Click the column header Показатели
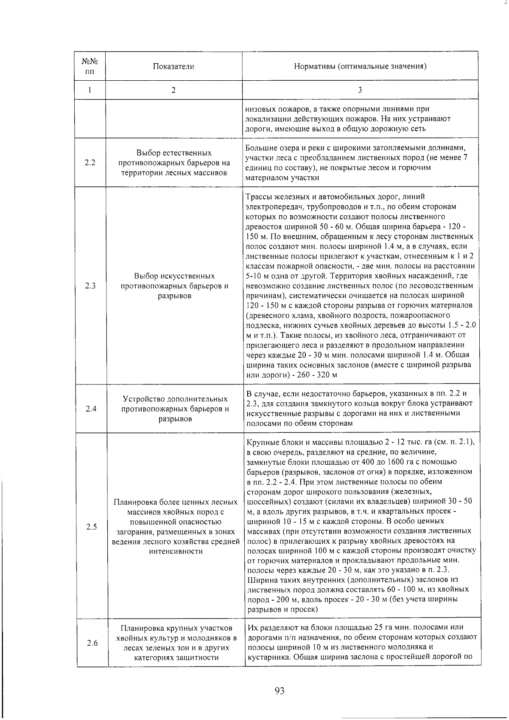tap(173, 66)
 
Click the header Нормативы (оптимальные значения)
tap(360, 66)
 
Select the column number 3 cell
tap(360, 90)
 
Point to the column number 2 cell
tap(173, 90)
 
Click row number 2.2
tap(90, 163)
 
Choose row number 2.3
tap(90, 286)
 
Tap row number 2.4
tap(90, 409)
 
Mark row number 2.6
tap(91, 643)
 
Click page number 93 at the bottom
tap(279, 691)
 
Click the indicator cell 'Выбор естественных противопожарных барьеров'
tap(174, 163)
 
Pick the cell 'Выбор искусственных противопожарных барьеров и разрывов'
tap(174, 286)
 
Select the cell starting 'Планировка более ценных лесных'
tap(176, 527)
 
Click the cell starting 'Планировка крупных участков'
tap(176, 643)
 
